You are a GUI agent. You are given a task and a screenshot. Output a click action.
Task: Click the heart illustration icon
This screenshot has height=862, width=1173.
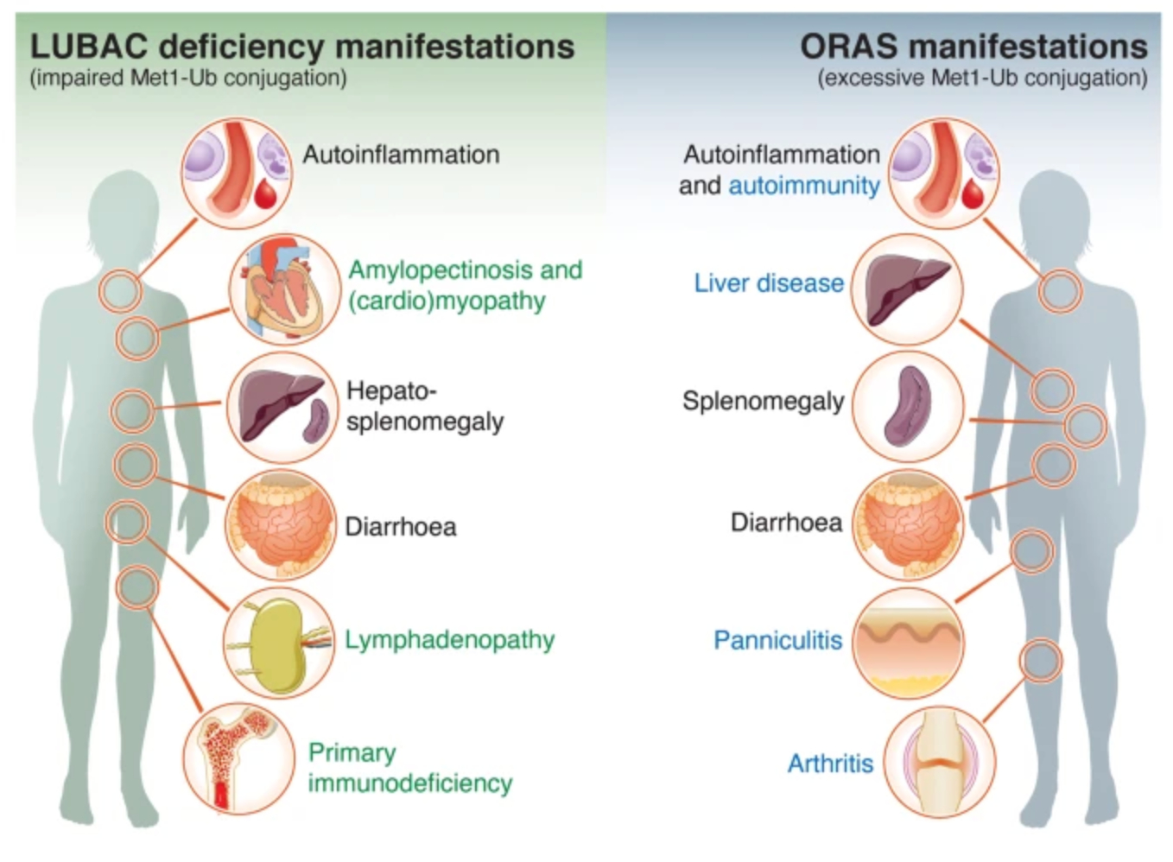click(284, 289)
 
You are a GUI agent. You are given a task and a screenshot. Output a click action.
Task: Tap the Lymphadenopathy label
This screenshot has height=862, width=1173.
click(449, 640)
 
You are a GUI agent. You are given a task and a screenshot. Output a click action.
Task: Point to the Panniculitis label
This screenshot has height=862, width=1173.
click(777, 640)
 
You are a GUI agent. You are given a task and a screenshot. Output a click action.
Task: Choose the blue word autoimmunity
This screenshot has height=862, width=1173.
click(804, 186)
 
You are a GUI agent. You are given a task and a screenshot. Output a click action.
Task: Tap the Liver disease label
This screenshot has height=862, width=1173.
click(769, 283)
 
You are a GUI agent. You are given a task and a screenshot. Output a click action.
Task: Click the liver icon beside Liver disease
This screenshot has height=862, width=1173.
click(907, 288)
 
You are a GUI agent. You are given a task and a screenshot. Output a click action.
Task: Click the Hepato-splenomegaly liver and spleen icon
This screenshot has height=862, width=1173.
click(282, 407)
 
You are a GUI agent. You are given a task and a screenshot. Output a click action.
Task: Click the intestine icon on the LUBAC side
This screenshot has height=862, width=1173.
click(281, 525)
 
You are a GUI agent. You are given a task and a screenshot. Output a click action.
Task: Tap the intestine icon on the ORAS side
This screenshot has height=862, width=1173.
click(908, 523)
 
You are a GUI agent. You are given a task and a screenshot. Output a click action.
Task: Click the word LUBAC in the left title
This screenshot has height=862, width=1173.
click(89, 47)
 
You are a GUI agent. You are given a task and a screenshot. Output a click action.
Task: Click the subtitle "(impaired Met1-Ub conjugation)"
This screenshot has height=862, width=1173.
click(188, 79)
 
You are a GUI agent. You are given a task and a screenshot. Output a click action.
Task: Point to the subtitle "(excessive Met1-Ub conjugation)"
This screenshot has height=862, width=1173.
click(982, 79)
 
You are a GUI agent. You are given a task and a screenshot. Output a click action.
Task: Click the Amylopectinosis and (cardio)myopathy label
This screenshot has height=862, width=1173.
click(465, 285)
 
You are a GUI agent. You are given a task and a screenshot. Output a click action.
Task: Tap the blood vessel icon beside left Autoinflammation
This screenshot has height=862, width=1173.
click(236, 173)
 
